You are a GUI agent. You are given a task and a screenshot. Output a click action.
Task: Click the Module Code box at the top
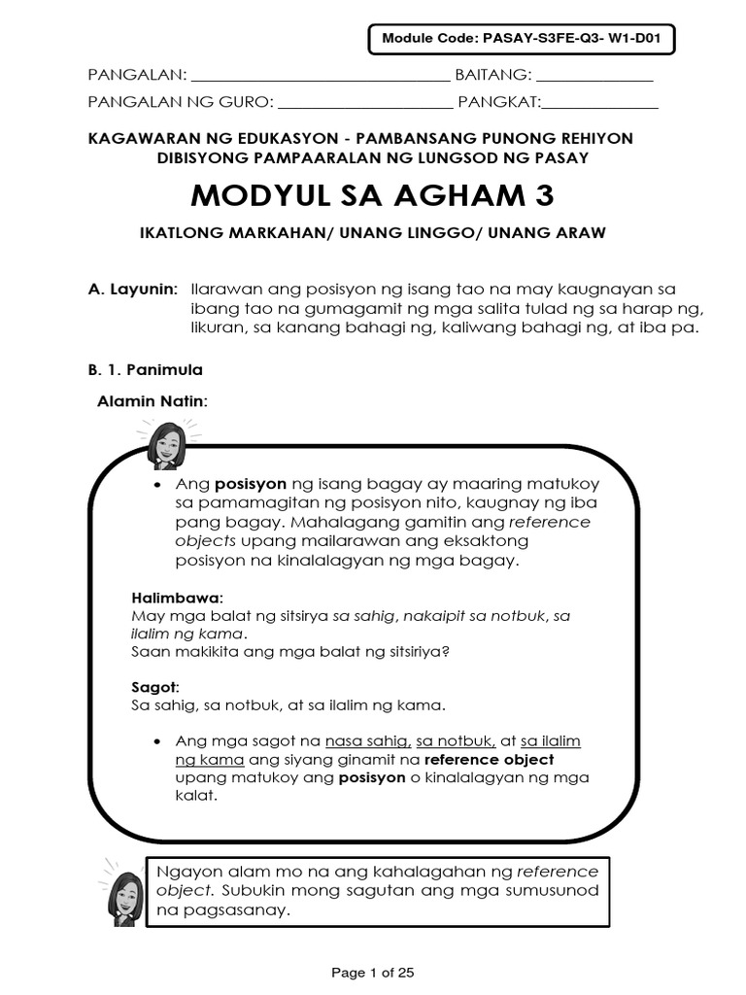pyautogui.click(x=521, y=40)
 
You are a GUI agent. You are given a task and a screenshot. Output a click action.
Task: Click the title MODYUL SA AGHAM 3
pyautogui.click(x=373, y=195)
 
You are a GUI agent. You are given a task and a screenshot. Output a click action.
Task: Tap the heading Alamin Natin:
pyautogui.click(x=153, y=401)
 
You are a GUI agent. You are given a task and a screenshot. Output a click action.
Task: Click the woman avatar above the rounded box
pyautogui.click(x=166, y=444)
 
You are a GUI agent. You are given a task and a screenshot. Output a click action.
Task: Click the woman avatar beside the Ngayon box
pyautogui.click(x=122, y=892)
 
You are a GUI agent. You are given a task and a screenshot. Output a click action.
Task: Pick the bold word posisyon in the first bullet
pyautogui.click(x=250, y=483)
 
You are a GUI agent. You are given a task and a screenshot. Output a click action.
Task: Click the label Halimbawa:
pyautogui.click(x=177, y=596)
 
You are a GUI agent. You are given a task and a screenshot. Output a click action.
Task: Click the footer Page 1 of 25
pyautogui.click(x=373, y=972)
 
